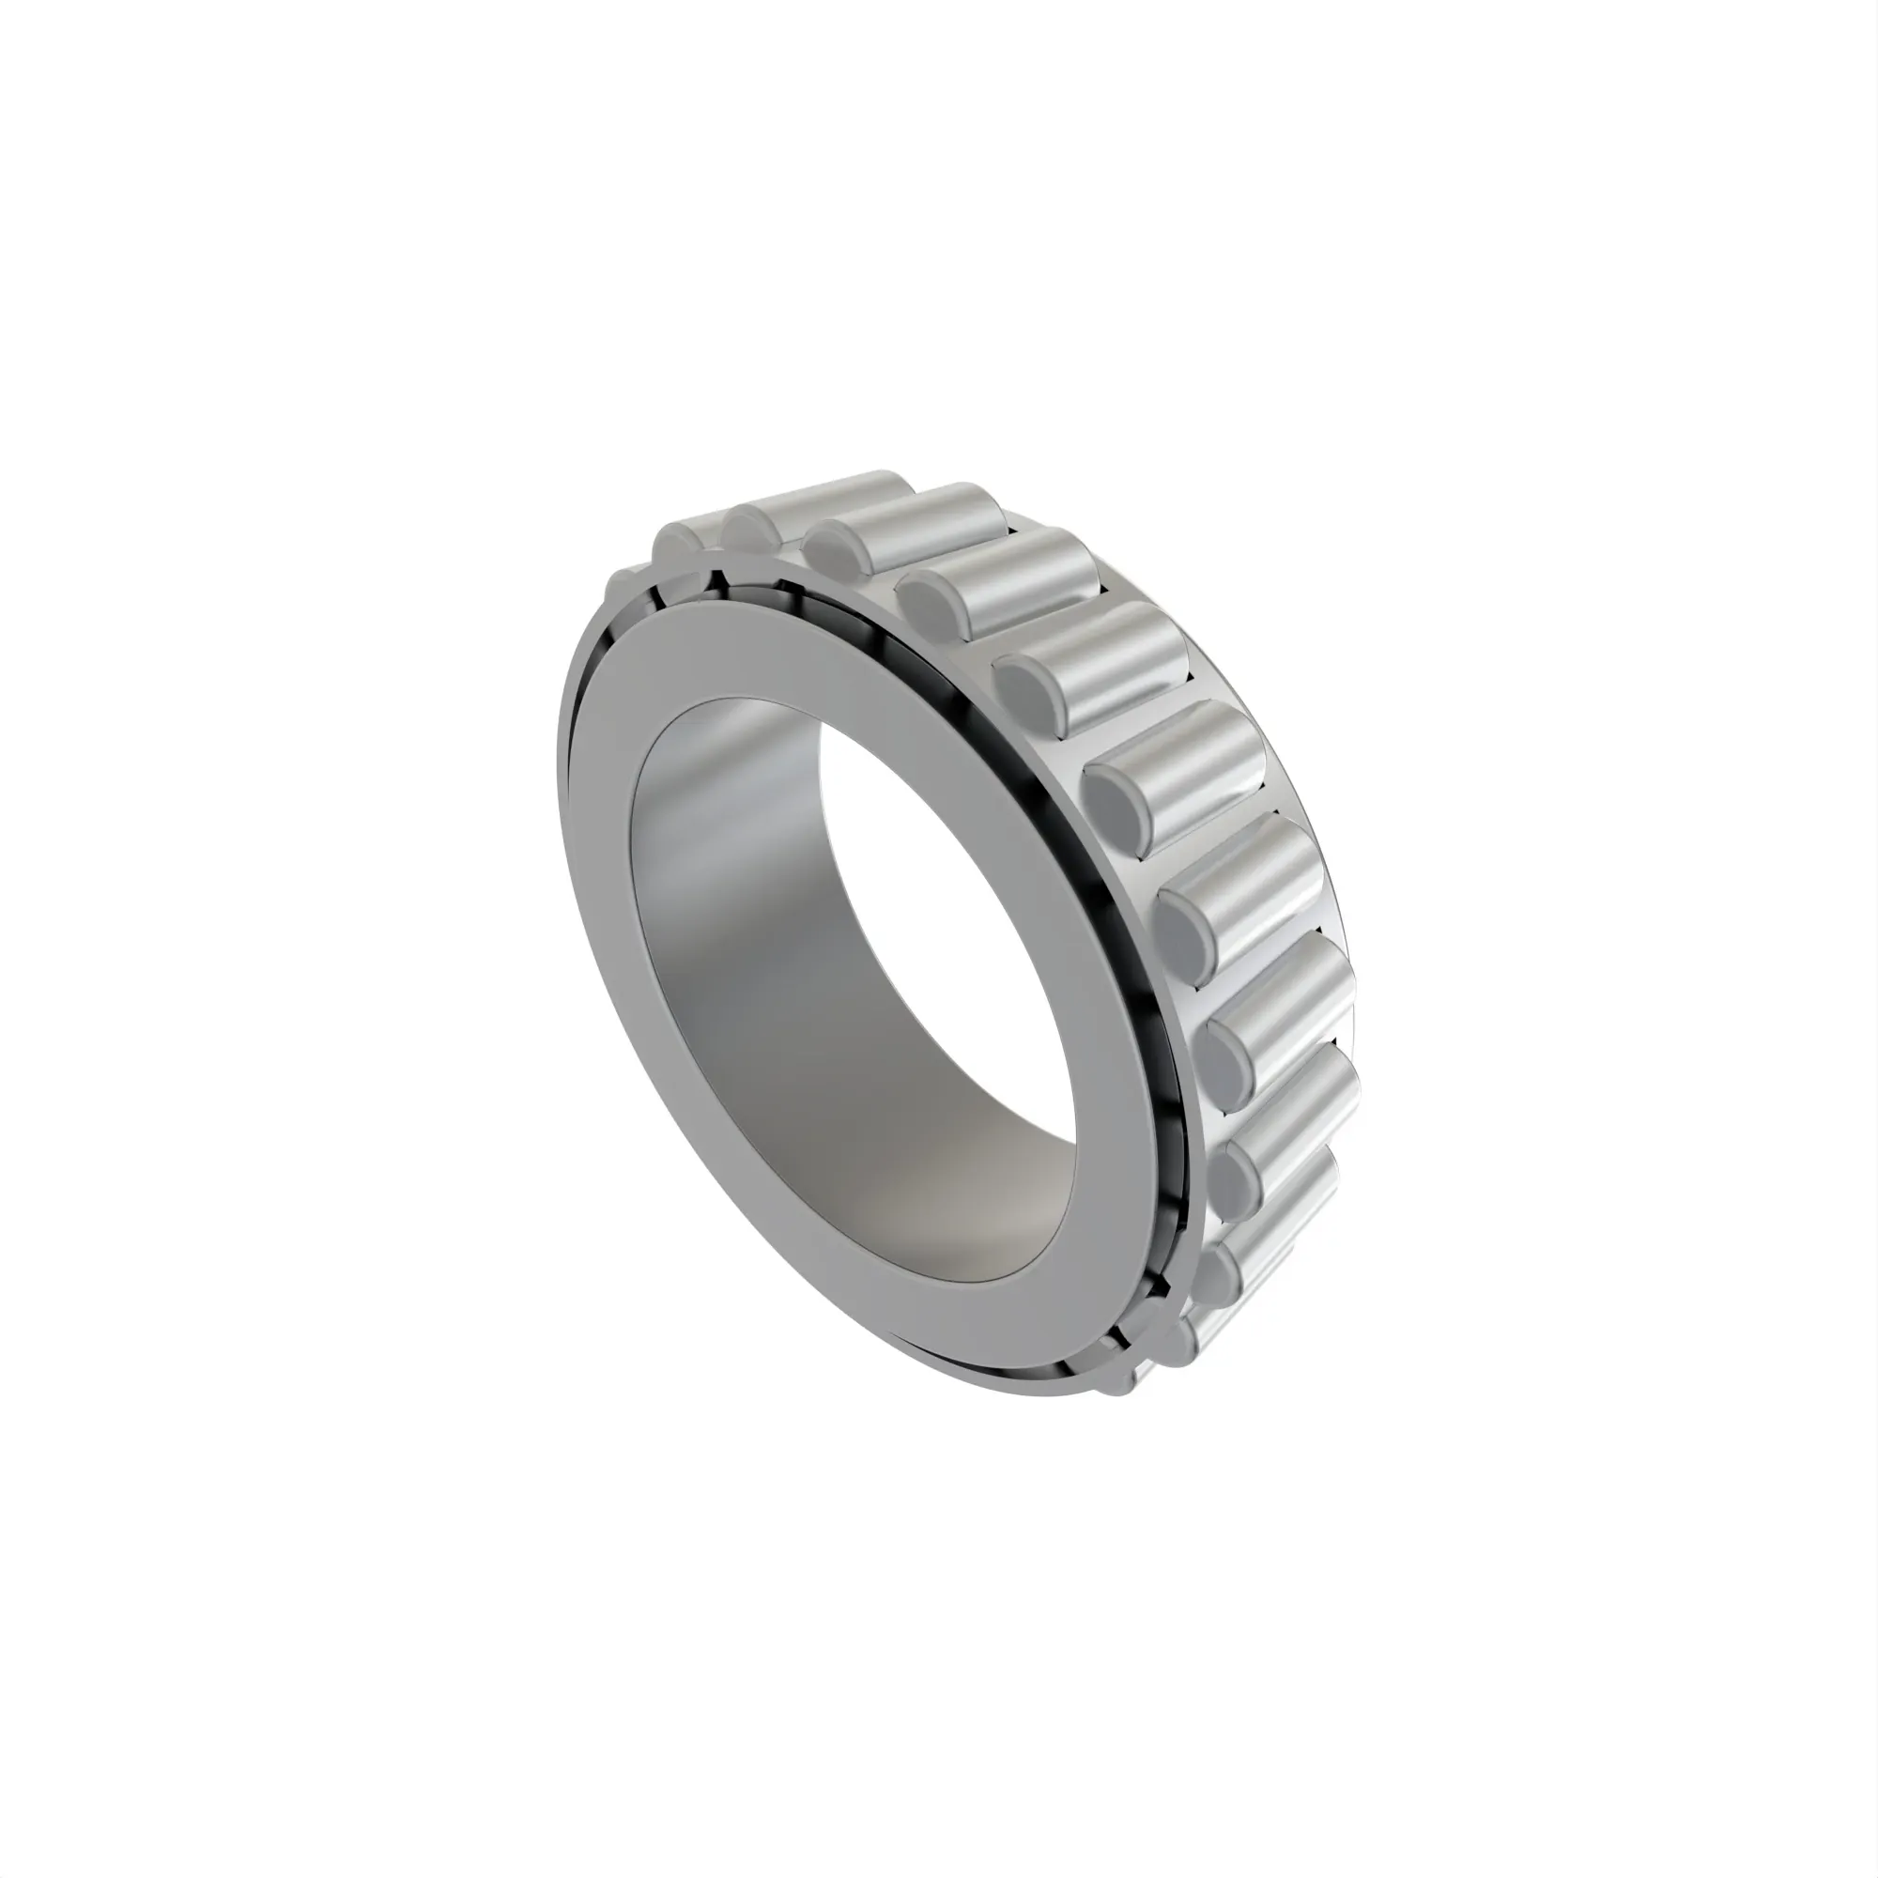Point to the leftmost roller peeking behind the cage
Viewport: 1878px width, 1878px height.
tap(623, 583)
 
